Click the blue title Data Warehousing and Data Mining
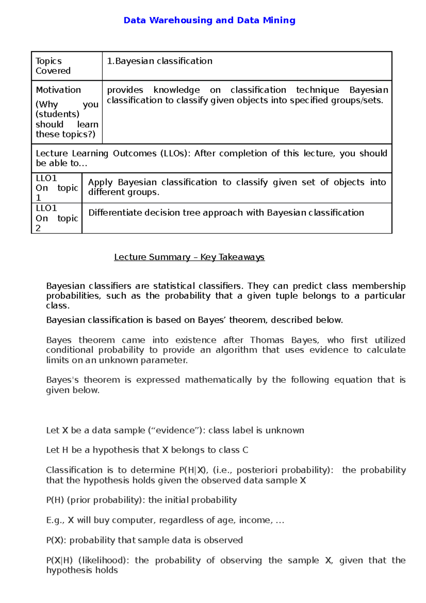tap(209, 20)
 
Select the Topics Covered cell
tap(53, 66)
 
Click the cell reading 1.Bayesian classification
tap(160, 61)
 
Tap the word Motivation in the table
tap(58, 90)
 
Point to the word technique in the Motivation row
tap(317, 90)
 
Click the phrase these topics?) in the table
tap(65, 134)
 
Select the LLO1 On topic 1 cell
tap(56, 188)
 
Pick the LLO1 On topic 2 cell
tap(56, 218)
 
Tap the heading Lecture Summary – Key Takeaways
tap(189, 257)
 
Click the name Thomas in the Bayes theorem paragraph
tap(267, 340)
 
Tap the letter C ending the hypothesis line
tap(245, 450)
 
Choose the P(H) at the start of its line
tap(55, 500)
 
